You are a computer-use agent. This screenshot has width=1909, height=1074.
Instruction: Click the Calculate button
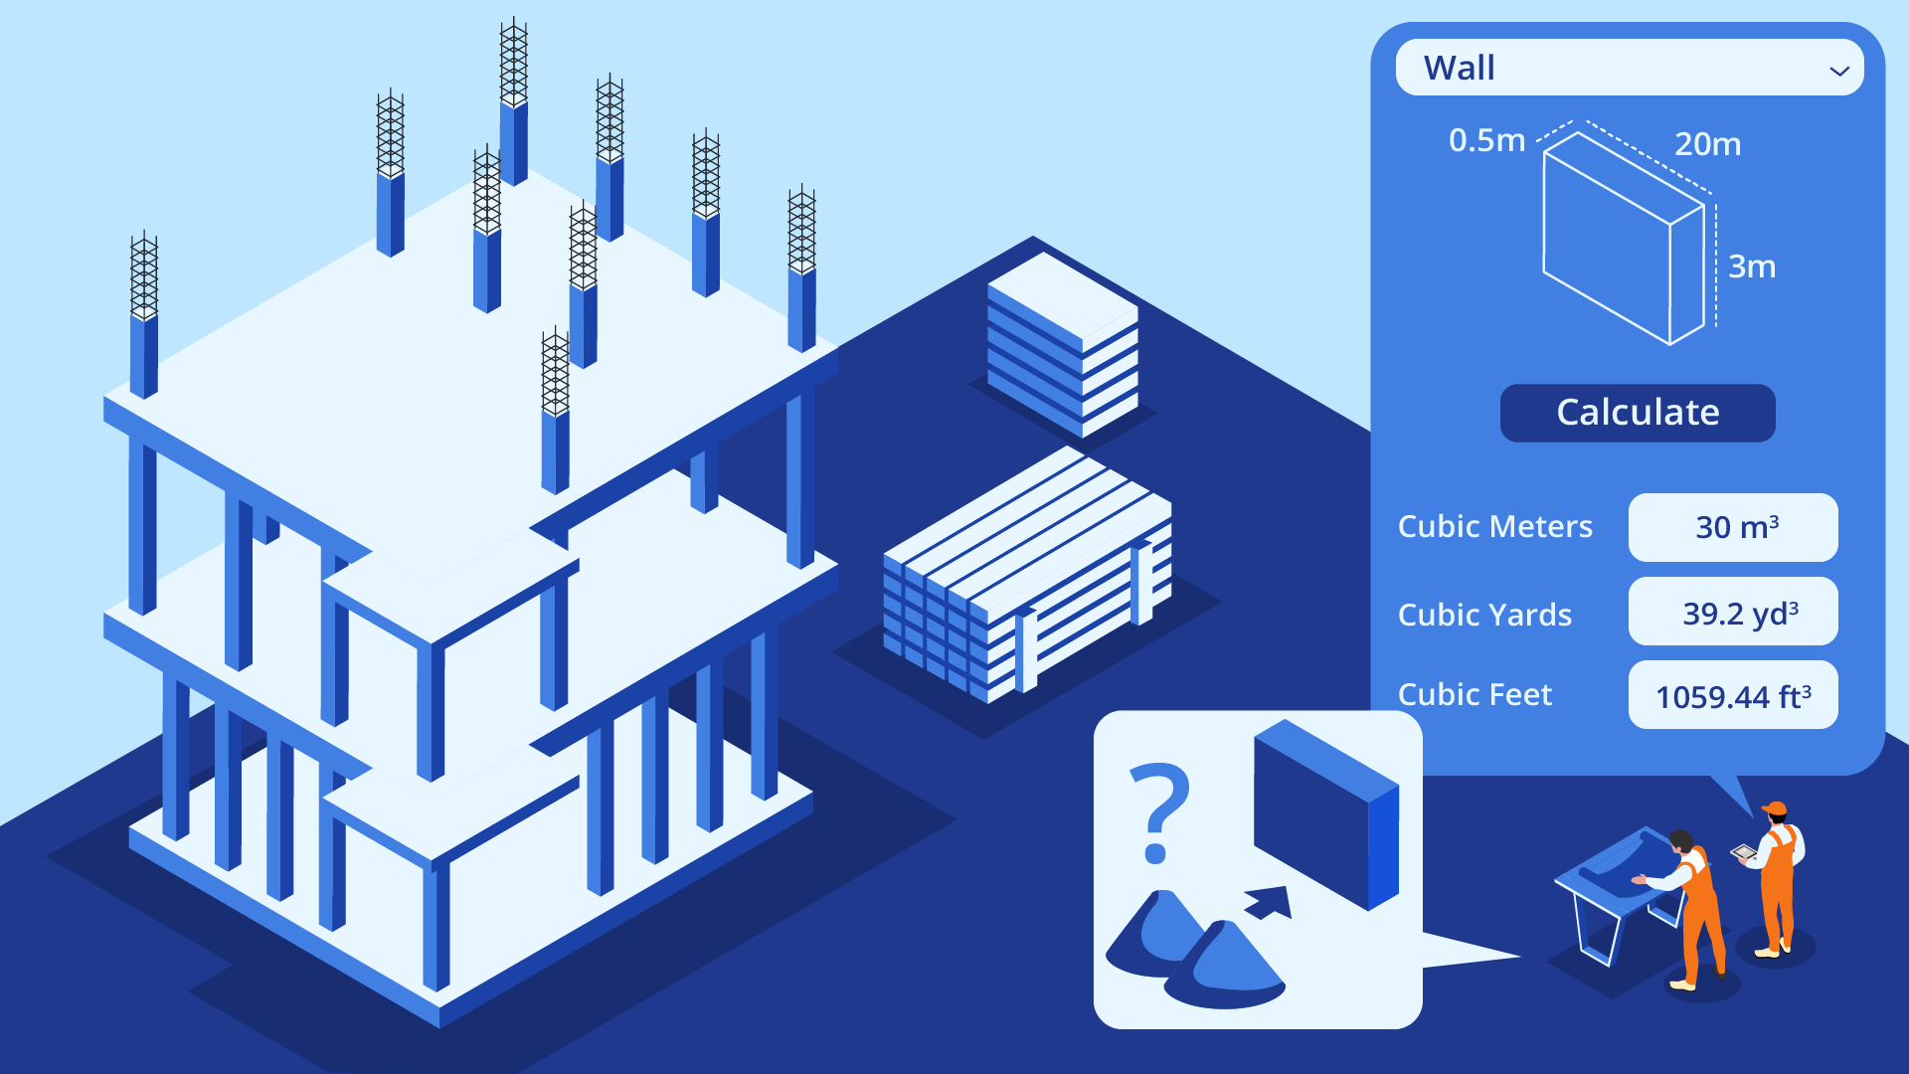(1637, 413)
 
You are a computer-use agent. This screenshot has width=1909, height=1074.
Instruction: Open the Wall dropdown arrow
(1838, 71)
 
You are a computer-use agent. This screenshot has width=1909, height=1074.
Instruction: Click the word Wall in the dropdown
(1459, 68)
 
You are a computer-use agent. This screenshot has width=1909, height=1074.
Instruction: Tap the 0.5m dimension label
(1486, 140)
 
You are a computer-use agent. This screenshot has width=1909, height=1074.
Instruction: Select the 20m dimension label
(1707, 144)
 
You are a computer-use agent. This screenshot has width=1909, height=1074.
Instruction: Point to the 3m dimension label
(1751, 267)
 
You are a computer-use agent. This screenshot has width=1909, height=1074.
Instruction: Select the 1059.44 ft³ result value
(1733, 695)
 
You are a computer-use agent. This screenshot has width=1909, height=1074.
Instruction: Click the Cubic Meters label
(1494, 526)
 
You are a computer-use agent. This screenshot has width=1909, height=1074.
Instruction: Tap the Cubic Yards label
(1484, 615)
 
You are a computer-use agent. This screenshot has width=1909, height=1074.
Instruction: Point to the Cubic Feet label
(1475, 694)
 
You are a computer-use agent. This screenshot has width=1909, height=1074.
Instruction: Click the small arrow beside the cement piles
(1271, 902)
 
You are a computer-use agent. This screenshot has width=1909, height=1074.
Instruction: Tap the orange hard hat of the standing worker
(1775, 808)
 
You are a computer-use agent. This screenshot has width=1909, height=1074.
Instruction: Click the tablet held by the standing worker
(1743, 852)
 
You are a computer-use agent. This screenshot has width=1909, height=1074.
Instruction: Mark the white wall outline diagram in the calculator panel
(1623, 239)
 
